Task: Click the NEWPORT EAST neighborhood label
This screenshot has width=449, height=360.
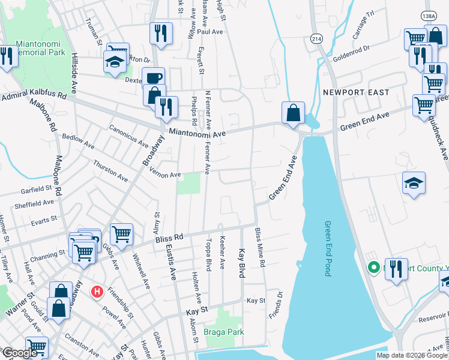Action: point(355,92)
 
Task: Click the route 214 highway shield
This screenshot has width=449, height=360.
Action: point(316,38)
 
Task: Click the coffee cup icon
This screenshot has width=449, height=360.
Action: point(153,77)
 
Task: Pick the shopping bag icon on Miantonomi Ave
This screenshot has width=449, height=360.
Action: point(292,112)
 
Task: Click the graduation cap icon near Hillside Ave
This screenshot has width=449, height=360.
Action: point(114,62)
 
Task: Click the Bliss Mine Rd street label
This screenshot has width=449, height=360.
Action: point(259,247)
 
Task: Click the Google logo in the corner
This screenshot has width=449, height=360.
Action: point(20,353)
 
